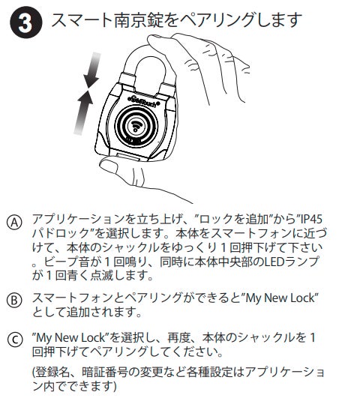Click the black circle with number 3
coord(25,23)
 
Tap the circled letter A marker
coord(15,223)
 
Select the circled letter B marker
coord(15,300)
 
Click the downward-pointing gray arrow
coord(92,70)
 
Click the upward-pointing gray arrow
coord(84,112)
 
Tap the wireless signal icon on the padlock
coord(136,125)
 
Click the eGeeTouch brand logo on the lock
coord(143,100)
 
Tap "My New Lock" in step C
coord(70,337)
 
